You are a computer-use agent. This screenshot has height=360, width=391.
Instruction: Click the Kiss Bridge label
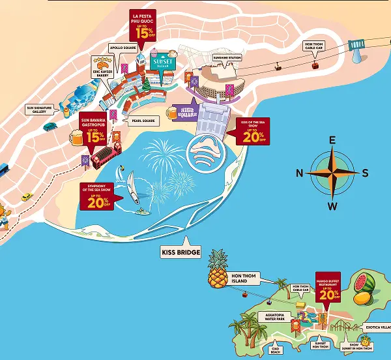tap(181, 252)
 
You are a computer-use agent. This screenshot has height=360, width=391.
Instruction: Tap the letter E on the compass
tap(332, 140)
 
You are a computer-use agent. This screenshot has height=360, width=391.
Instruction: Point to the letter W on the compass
tap(332, 207)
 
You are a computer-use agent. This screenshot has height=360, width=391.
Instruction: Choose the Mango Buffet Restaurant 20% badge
tap(328, 287)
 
